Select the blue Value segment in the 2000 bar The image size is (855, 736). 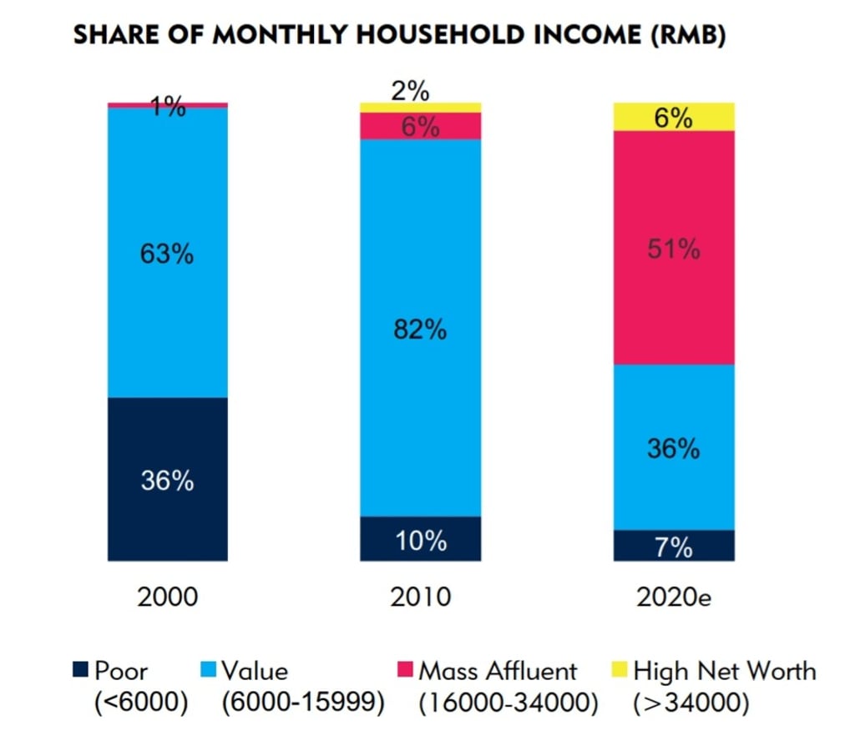167,317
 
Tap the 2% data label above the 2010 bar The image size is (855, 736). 411,90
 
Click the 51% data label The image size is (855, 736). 673,250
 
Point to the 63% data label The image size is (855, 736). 167,253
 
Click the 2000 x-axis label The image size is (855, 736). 167,597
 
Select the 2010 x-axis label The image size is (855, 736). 420,597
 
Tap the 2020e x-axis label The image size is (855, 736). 673,597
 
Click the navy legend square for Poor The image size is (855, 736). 81,670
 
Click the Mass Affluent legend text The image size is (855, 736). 498,671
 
